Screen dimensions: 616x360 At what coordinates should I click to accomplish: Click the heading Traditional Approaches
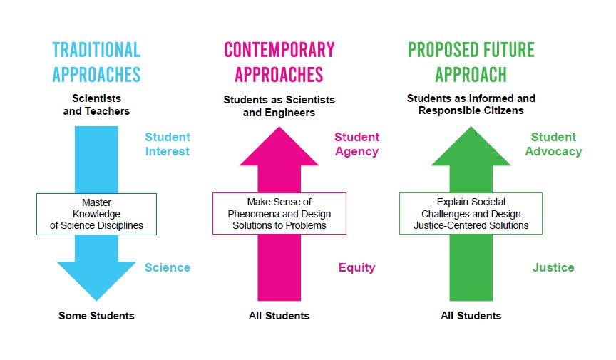tap(96, 62)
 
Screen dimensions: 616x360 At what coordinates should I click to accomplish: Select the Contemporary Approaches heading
tap(279, 62)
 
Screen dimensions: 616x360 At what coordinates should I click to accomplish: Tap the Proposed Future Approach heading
tap(471, 62)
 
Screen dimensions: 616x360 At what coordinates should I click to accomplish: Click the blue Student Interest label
tap(168, 144)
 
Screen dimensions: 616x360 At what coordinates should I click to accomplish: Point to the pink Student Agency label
tap(356, 144)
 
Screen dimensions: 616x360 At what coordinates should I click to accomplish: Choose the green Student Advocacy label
tap(553, 144)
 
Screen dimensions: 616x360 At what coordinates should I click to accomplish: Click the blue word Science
tap(168, 267)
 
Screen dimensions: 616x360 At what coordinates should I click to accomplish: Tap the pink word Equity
tap(356, 267)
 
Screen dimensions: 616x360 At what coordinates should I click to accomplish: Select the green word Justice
tap(553, 267)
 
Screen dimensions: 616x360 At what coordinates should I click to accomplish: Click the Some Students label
tap(96, 316)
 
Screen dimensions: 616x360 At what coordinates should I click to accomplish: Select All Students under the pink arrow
tap(279, 316)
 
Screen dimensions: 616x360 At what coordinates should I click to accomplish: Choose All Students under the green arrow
tap(471, 316)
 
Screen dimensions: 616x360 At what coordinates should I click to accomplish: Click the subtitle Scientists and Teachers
tap(96, 105)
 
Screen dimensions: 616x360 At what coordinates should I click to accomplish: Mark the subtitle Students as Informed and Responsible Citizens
tap(471, 104)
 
